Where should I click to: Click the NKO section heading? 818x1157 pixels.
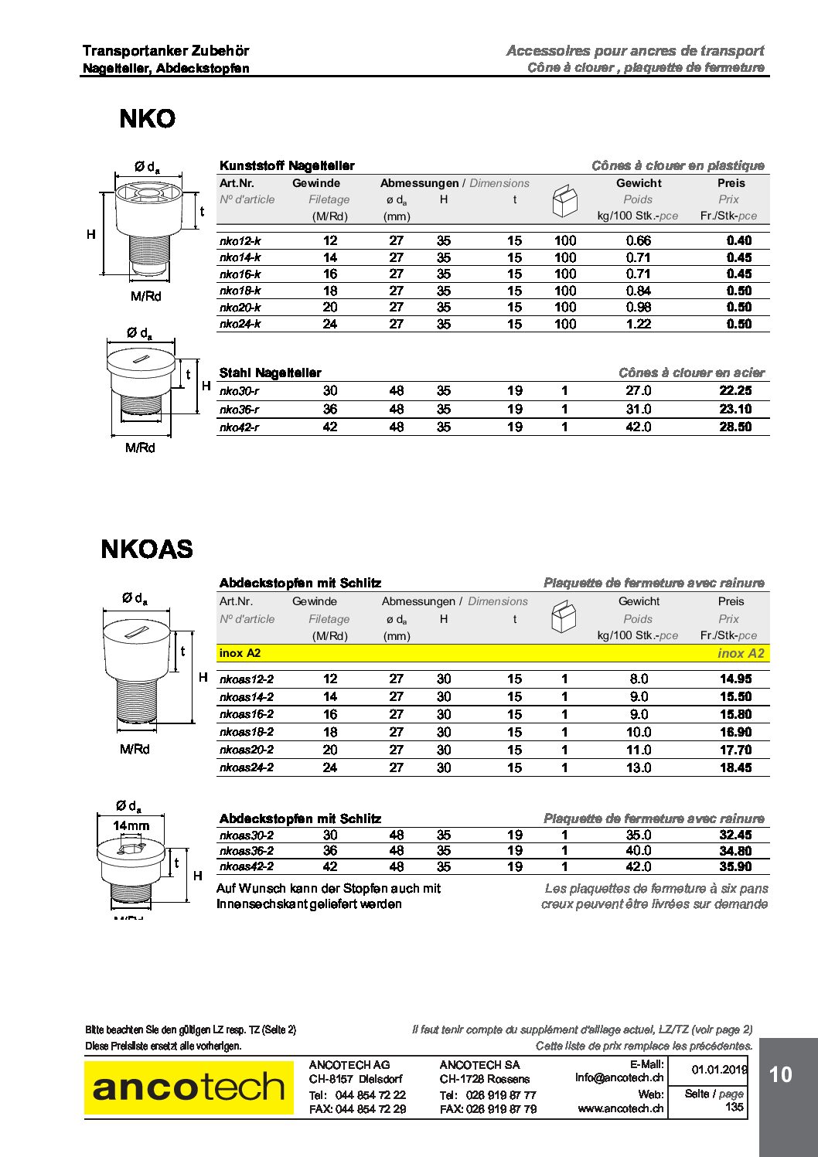[147, 119]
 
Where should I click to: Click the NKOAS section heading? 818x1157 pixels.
[147, 550]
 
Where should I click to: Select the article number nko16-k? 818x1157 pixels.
[240, 274]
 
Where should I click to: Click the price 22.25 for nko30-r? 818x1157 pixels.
[734, 391]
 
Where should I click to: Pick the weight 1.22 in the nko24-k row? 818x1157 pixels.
[638, 325]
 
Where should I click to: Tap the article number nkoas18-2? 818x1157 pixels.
[246, 732]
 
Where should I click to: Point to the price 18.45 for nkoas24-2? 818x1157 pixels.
[734, 767]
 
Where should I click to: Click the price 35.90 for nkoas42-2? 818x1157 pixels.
[734, 866]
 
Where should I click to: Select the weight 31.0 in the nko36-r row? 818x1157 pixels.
[638, 410]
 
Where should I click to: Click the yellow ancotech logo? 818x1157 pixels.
[189, 1087]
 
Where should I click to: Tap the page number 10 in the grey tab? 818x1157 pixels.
[780, 1074]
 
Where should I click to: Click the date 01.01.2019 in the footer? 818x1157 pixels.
[719, 1070]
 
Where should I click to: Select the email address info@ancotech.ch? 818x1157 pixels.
[619, 1077]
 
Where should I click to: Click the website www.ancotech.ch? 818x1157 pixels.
[620, 1108]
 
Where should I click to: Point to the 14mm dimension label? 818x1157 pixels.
[131, 825]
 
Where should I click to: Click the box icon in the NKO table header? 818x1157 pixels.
[564, 201]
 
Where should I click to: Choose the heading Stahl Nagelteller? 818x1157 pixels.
[270, 373]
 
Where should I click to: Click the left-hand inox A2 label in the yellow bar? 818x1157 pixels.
[240, 653]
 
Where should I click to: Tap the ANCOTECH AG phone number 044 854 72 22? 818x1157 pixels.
[370, 1094]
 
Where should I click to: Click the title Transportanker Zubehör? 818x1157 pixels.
[165, 51]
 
